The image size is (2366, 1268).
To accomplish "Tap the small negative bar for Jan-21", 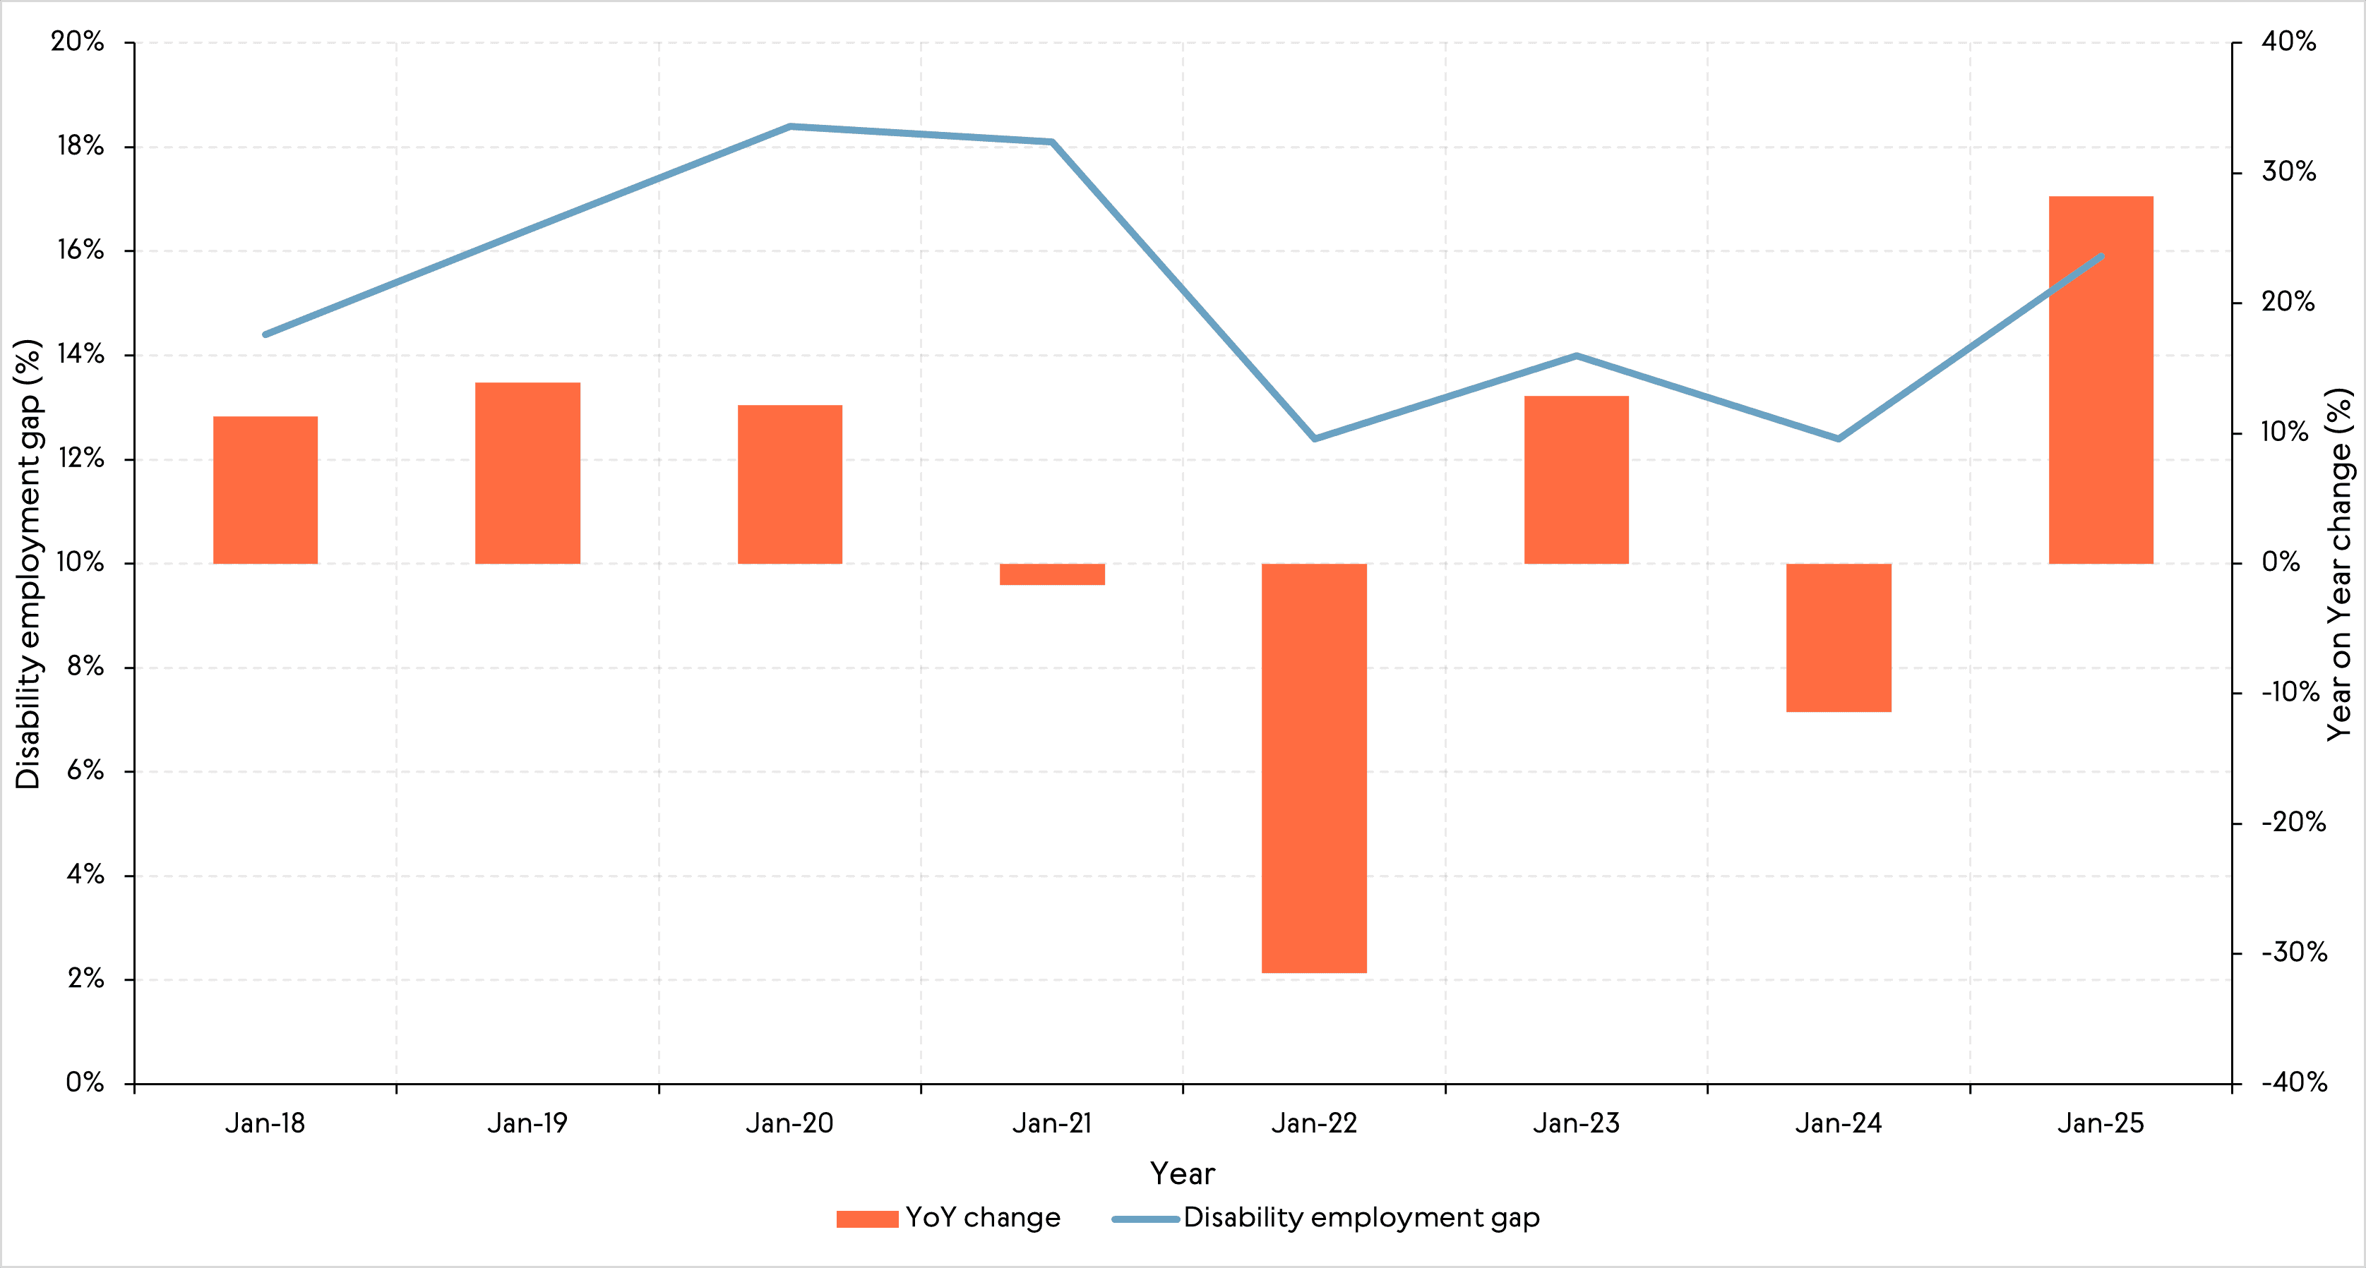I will [x=1051, y=574].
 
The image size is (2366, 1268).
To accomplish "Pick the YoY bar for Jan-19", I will [x=527, y=473].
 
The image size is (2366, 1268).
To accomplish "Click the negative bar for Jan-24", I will [x=1838, y=637].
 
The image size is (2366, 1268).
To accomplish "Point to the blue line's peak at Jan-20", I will [x=790, y=127].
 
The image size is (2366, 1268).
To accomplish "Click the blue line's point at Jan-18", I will [x=265, y=334].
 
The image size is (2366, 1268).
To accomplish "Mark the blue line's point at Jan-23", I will [x=1576, y=356].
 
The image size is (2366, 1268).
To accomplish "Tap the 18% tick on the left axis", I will [x=80, y=146].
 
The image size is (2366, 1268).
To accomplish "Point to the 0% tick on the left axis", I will [x=85, y=1082].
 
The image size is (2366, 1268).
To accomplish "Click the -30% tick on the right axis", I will [x=2293, y=952].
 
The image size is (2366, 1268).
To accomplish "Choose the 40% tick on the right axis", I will [x=2288, y=42].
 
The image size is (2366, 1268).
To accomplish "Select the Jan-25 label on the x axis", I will [x=2101, y=1123].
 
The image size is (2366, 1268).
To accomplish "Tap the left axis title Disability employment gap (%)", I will [x=28, y=563].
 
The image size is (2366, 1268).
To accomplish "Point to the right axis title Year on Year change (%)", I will [x=2338, y=563].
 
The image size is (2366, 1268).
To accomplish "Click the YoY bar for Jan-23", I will [x=1576, y=479].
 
